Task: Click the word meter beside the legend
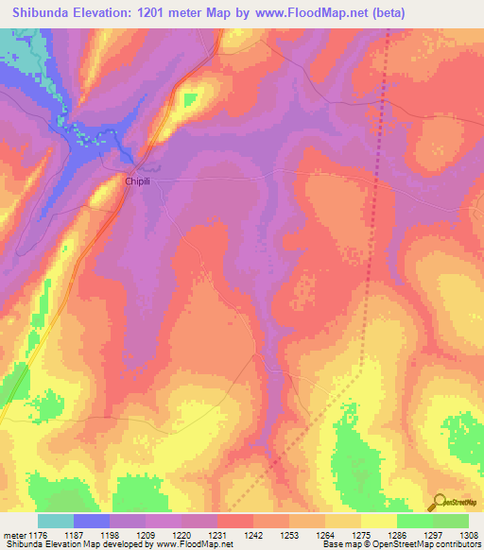(14, 535)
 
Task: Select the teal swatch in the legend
(56, 521)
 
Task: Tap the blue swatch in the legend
(92, 521)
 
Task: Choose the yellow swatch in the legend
(378, 521)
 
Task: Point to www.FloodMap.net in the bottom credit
(193, 545)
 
